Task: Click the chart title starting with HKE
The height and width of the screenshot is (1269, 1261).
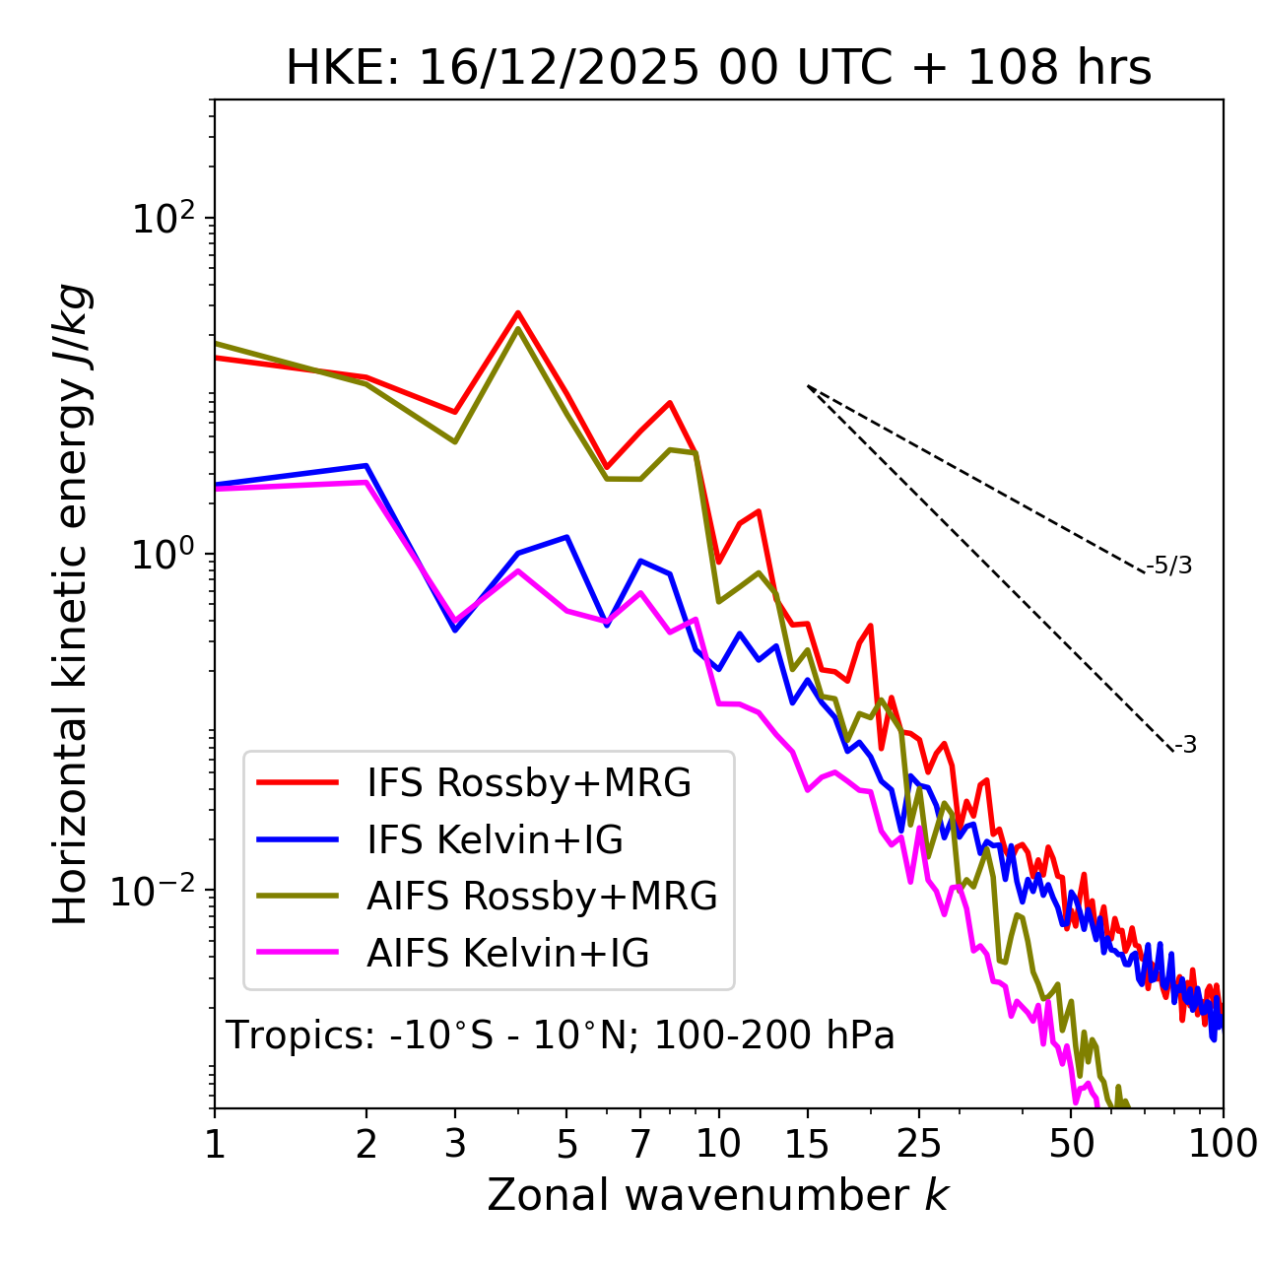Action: (718, 69)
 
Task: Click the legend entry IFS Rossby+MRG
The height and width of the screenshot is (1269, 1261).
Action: (529, 783)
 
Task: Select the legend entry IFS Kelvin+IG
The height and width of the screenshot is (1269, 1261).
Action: (495, 840)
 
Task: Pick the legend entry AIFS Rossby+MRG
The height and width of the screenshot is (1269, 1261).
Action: (542, 897)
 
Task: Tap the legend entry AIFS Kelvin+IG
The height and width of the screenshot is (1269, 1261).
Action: (507, 954)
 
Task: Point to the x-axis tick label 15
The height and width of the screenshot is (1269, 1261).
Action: (807, 1144)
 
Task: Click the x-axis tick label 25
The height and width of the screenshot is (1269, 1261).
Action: (918, 1144)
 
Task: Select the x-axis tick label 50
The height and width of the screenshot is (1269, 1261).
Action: (1071, 1144)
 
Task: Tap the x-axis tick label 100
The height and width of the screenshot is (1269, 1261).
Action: (1223, 1144)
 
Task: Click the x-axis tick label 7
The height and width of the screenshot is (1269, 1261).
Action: (640, 1144)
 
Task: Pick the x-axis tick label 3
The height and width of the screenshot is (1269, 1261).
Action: (455, 1144)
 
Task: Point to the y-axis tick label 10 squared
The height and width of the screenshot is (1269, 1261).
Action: (163, 219)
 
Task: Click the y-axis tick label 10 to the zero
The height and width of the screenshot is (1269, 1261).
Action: (163, 555)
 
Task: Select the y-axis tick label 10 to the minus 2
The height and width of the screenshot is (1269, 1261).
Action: (158, 891)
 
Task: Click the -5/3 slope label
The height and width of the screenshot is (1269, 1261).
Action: (1169, 566)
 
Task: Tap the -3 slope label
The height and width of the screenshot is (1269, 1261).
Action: (1185, 746)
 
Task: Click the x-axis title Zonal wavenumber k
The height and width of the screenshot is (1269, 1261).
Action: (717, 1195)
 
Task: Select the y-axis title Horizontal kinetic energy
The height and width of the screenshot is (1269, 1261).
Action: (71, 605)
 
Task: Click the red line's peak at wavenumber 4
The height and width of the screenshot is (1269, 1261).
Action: (517, 313)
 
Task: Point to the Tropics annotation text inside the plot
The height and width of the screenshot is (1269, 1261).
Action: (560, 1035)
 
